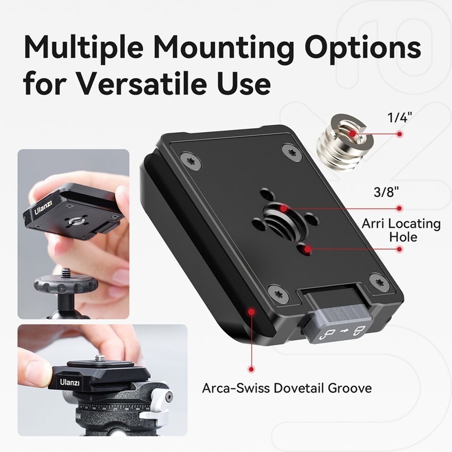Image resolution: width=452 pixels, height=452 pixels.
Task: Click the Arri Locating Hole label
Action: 402,229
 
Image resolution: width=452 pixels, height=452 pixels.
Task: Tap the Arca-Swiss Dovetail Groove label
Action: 287,389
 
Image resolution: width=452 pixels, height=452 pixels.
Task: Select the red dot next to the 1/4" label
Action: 400,134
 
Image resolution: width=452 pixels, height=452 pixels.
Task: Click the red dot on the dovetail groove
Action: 249,311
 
